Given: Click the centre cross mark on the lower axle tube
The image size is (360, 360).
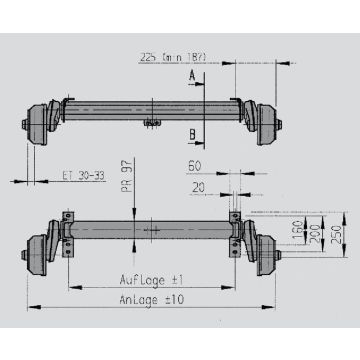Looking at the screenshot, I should [x=153, y=231].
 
